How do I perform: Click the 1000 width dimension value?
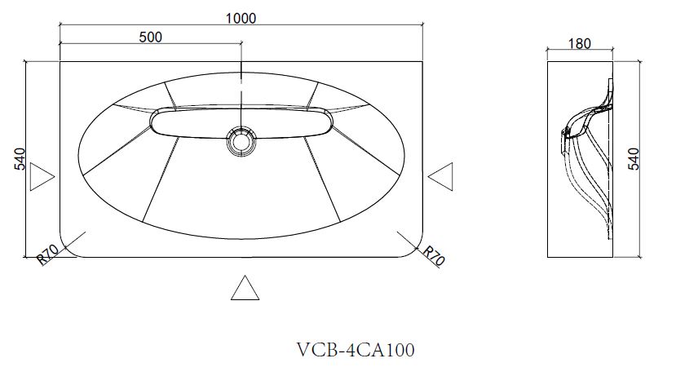point(242,18)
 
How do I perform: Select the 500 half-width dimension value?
point(151,37)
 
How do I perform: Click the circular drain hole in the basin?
point(241,140)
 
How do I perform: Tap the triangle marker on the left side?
point(41,177)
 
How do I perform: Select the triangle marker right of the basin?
point(441,176)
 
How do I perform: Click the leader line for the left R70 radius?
point(74,241)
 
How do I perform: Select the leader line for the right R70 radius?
point(409,241)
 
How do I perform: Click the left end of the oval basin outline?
point(79,155)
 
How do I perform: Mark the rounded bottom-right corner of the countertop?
point(418,250)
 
